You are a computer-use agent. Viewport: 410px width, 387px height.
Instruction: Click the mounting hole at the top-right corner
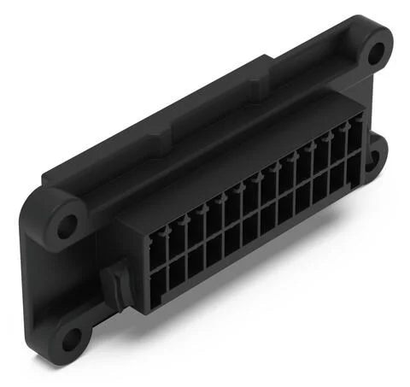(x=373, y=50)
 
